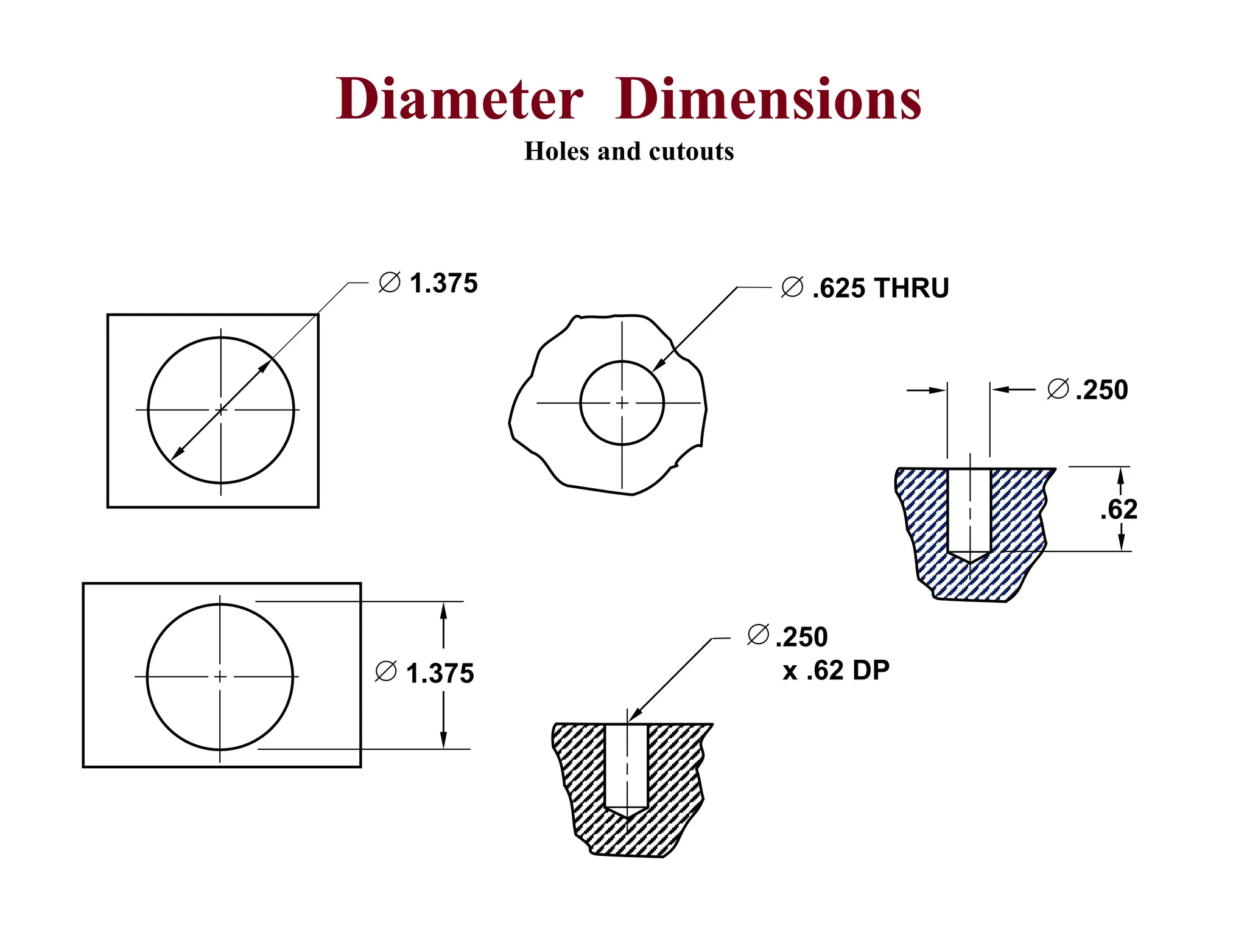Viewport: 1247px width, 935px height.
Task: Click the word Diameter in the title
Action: (x=460, y=99)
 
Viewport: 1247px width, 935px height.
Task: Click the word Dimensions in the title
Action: (x=768, y=99)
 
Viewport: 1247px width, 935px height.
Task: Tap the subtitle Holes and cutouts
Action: (x=629, y=151)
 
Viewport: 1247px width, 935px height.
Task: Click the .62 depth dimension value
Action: (x=1119, y=510)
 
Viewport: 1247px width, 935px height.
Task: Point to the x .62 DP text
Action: (x=836, y=671)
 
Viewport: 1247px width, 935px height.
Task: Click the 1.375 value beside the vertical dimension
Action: (x=440, y=674)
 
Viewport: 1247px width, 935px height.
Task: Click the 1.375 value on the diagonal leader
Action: (x=443, y=284)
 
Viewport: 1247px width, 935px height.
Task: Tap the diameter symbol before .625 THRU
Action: (x=792, y=287)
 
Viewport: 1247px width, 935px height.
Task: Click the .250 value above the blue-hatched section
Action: (x=1101, y=390)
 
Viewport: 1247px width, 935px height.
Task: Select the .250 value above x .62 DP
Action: (x=801, y=637)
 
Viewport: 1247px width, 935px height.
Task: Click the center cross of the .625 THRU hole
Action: (x=622, y=403)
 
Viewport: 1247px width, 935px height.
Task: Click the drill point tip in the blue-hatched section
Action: (x=969, y=562)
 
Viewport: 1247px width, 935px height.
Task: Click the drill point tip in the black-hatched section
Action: (x=627, y=816)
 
